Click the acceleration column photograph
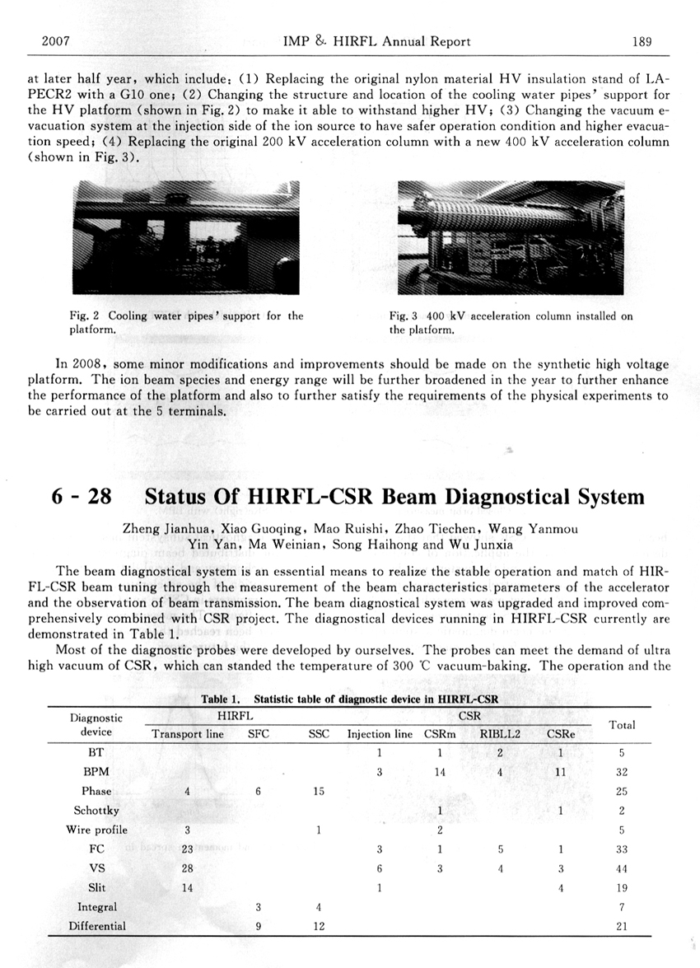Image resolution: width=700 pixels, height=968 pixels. [510, 238]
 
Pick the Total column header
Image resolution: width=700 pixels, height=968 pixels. [622, 726]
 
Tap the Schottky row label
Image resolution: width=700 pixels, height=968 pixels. [96, 811]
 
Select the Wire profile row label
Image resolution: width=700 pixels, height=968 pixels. [96, 830]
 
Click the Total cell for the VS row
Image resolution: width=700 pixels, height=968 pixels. [622, 868]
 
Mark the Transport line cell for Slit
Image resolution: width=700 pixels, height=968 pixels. [187, 888]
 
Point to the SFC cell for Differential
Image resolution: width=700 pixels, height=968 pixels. [258, 926]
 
